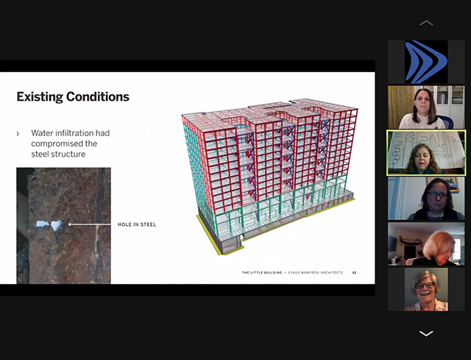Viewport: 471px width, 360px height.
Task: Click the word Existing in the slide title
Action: tap(40, 96)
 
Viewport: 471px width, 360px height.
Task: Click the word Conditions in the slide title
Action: tap(98, 96)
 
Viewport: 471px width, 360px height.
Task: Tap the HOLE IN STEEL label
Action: tap(137, 225)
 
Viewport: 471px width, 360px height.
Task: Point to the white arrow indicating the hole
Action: tap(90, 225)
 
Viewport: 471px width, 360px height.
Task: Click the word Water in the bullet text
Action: tap(43, 133)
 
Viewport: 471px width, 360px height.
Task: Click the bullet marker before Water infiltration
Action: tap(18, 133)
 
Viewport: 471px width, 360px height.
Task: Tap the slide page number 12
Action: tap(354, 272)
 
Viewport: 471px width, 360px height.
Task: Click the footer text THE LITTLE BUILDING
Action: tap(262, 272)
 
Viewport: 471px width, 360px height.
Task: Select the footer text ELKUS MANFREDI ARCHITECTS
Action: tap(316, 272)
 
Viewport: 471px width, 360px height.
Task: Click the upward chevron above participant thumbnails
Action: tap(426, 23)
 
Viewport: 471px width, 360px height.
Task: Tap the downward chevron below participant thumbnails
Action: tap(426, 333)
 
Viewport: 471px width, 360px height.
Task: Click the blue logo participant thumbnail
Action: tap(426, 62)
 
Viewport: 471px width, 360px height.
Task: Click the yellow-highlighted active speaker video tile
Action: tap(426, 152)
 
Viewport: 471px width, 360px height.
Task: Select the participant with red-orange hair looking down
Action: tap(426, 244)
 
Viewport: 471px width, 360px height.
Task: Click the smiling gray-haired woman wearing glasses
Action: tap(426, 289)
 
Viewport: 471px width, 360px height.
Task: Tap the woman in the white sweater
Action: tap(426, 107)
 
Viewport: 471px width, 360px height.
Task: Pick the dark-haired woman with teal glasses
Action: tap(426, 198)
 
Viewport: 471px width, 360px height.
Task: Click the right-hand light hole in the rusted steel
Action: tap(56, 225)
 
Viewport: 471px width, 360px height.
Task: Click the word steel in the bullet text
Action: tap(40, 154)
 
